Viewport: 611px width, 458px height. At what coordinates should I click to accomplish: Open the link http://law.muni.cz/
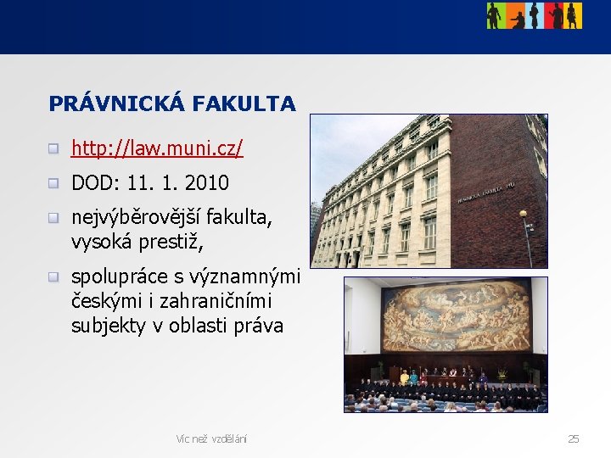click(x=157, y=149)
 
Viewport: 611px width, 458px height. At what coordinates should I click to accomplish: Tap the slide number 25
click(x=574, y=438)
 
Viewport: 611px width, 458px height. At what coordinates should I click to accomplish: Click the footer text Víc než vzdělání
click(x=211, y=438)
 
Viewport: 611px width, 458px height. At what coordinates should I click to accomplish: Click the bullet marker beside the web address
click(x=53, y=149)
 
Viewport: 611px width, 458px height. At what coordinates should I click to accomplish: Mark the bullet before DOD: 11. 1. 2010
click(x=53, y=182)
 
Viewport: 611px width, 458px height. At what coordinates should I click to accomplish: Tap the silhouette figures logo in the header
click(x=534, y=15)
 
